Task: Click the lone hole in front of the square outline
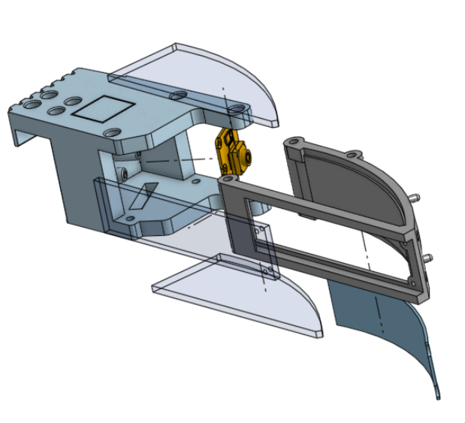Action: pos(113,133)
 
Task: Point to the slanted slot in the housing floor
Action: pos(143,195)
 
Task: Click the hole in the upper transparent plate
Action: pos(178,96)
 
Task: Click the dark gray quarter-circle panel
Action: pos(353,188)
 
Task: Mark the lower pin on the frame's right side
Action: pos(429,258)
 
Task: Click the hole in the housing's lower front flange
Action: pos(131,219)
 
